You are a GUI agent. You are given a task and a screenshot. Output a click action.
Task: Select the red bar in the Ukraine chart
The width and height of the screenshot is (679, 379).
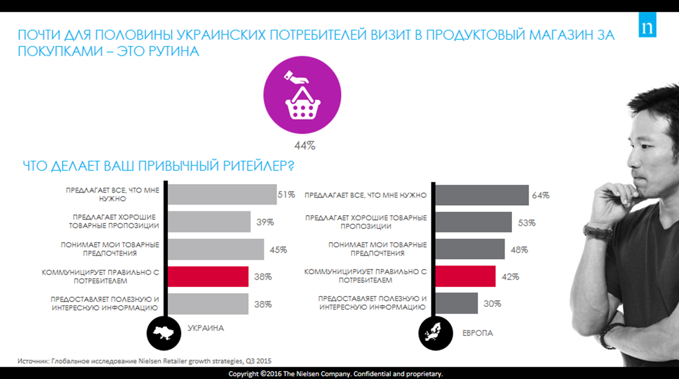[x=208, y=277]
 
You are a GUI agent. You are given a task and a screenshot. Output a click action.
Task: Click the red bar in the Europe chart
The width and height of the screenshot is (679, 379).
[x=465, y=277]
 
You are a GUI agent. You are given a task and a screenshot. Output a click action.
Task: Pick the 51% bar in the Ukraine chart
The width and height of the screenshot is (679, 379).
[x=221, y=194]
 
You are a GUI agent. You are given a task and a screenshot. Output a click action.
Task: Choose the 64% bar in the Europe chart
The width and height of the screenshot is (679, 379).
[x=482, y=195]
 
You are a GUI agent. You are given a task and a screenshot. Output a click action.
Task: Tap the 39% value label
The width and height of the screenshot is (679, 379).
[x=264, y=222]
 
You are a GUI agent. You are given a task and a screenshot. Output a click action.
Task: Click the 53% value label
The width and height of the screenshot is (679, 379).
[x=526, y=222]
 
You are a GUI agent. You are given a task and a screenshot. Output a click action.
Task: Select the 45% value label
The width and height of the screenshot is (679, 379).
[x=278, y=249]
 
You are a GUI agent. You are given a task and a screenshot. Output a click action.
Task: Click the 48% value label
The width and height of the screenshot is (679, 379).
[x=519, y=249]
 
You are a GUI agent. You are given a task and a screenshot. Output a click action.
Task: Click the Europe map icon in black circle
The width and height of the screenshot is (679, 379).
[x=435, y=331]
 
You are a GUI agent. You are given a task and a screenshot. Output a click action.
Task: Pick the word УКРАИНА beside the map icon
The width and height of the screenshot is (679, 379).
[x=206, y=328]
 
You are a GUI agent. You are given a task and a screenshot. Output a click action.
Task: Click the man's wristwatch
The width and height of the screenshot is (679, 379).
[x=591, y=230]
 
